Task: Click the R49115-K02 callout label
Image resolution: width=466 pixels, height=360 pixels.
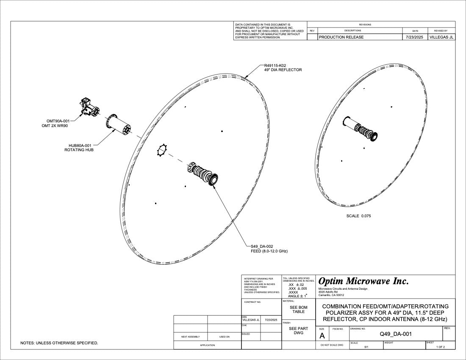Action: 276,66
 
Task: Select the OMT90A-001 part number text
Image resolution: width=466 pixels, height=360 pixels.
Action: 58,121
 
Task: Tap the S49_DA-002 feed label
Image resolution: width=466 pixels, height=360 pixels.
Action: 262,246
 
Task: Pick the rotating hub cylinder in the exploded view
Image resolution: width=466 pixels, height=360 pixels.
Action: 118,124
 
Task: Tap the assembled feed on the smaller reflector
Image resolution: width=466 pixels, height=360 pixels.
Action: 361,128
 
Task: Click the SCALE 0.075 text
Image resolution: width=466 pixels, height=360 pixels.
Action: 358,216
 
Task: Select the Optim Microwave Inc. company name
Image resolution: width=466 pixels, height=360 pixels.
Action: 363,281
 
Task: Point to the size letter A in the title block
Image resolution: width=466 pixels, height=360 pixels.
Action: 322,336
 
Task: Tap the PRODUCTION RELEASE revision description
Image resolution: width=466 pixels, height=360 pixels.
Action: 341,37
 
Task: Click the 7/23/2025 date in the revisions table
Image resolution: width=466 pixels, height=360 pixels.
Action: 415,37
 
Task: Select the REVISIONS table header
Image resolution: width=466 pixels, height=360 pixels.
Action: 365,25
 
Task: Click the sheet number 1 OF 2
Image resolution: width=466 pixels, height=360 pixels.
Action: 442,347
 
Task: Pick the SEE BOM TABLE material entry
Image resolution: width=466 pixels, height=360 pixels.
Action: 298,309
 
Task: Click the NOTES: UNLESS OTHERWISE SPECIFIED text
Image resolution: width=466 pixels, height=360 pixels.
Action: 59,343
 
